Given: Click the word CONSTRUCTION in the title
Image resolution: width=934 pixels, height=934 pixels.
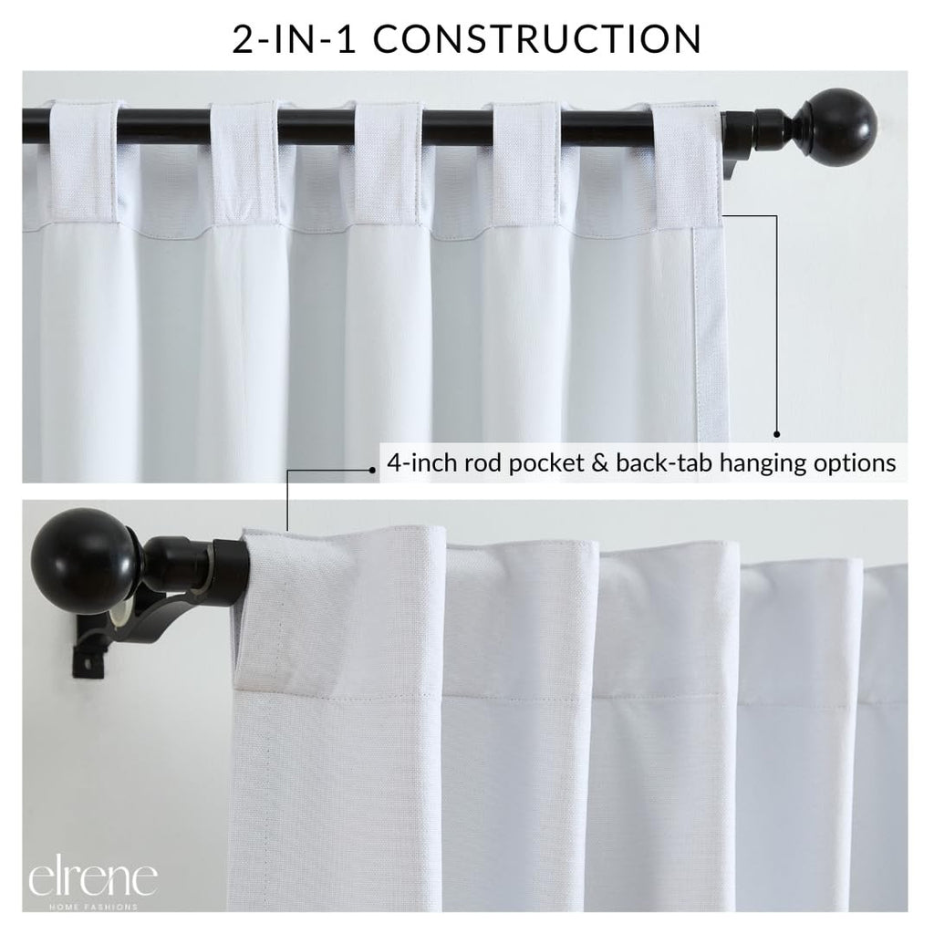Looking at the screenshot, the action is click(x=537, y=39).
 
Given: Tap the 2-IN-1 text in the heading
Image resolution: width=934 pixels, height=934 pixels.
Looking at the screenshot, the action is click(x=295, y=39).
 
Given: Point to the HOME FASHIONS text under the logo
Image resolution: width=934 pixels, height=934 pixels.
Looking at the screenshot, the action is click(x=94, y=907).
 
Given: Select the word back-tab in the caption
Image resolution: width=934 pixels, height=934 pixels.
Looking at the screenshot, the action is click(x=664, y=462).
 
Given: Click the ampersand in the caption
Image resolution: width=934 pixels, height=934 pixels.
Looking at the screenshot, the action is click(x=600, y=462).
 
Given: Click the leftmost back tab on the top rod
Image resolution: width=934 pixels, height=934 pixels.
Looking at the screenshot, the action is click(x=84, y=162).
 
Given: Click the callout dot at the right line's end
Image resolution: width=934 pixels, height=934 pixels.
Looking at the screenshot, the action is click(x=776, y=434).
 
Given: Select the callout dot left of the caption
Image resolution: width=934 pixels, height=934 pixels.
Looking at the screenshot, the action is click(x=372, y=470).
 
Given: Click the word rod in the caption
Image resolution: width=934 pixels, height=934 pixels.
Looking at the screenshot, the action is click(x=483, y=462).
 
